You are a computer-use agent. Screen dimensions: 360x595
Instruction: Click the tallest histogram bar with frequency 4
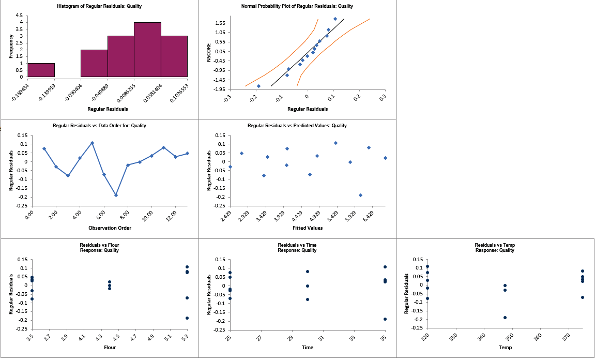click(x=147, y=50)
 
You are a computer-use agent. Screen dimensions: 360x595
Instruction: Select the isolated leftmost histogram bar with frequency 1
click(x=41, y=70)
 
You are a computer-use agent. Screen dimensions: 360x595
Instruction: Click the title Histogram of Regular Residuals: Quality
click(x=99, y=6)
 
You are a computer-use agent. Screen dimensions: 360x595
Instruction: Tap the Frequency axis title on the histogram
click(x=11, y=46)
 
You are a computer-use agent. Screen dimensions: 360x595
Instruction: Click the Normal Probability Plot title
click(x=297, y=6)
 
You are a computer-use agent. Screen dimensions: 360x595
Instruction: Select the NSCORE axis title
click(x=209, y=52)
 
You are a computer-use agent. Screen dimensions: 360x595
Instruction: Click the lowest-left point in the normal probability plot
click(x=258, y=86)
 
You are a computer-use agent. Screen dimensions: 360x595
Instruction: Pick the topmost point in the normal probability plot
click(x=335, y=19)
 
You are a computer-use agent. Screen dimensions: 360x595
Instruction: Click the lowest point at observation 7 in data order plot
click(x=116, y=195)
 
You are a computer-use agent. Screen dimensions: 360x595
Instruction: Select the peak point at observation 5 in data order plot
click(x=92, y=143)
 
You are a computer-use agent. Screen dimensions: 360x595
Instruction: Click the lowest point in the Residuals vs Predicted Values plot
click(x=360, y=195)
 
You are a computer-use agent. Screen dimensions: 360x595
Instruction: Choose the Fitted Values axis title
click(x=308, y=228)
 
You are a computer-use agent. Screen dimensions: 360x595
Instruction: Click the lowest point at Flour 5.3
click(x=187, y=318)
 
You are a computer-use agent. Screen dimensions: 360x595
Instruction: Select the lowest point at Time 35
click(x=385, y=319)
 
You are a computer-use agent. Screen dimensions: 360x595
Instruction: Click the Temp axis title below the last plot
click(x=505, y=348)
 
